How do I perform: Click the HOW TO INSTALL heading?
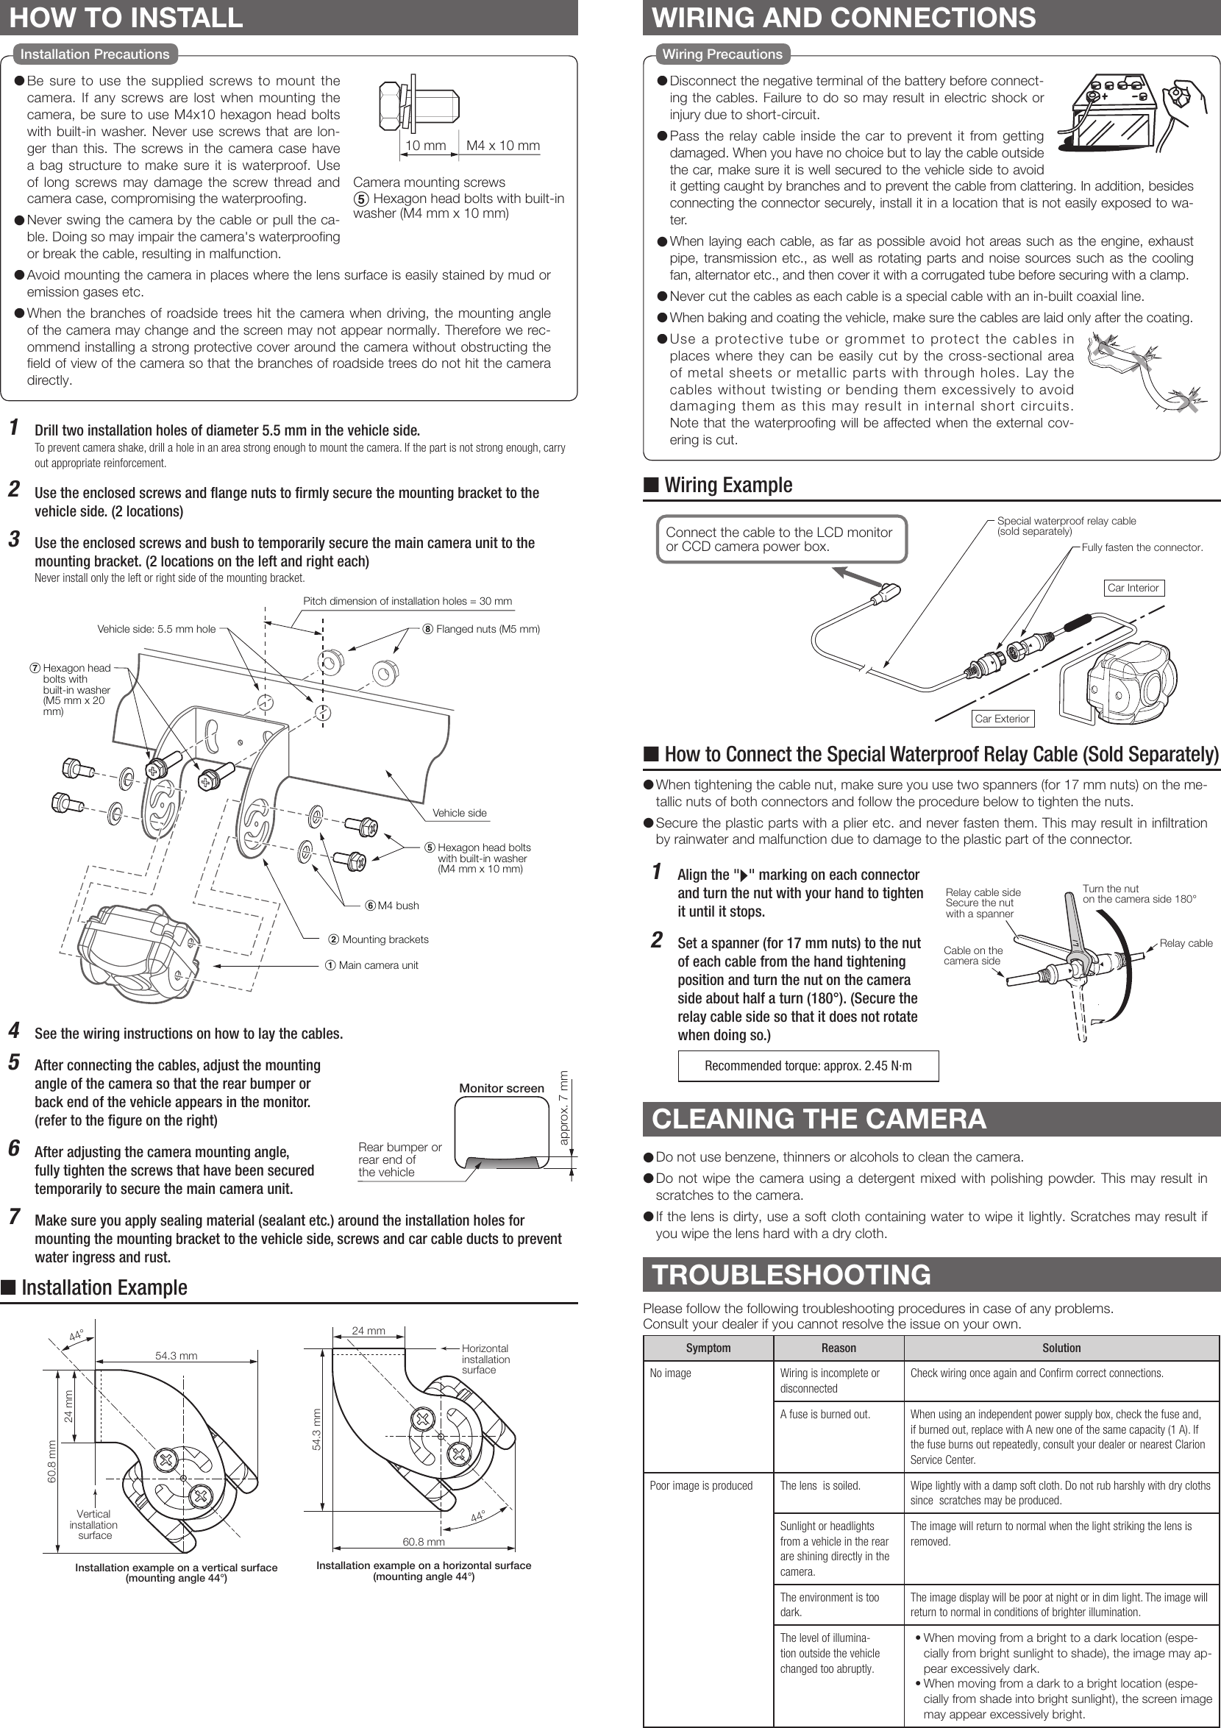point(126,18)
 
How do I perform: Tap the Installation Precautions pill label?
point(95,54)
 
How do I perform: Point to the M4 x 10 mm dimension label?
point(502,145)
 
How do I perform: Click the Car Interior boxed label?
point(1133,588)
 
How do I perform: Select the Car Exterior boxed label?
point(1001,719)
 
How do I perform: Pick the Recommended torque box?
point(808,1066)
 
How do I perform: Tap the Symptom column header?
point(708,1348)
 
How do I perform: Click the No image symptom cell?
point(670,1373)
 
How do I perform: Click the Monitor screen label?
point(501,1088)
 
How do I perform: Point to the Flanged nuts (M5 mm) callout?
point(487,629)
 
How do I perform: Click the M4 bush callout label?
point(397,906)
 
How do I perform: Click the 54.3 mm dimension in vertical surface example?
point(176,1356)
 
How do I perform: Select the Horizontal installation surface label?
point(485,1359)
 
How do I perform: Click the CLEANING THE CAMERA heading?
point(819,1119)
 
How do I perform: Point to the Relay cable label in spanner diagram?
point(1186,943)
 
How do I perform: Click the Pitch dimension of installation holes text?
point(407,600)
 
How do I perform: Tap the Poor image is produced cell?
point(700,1486)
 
